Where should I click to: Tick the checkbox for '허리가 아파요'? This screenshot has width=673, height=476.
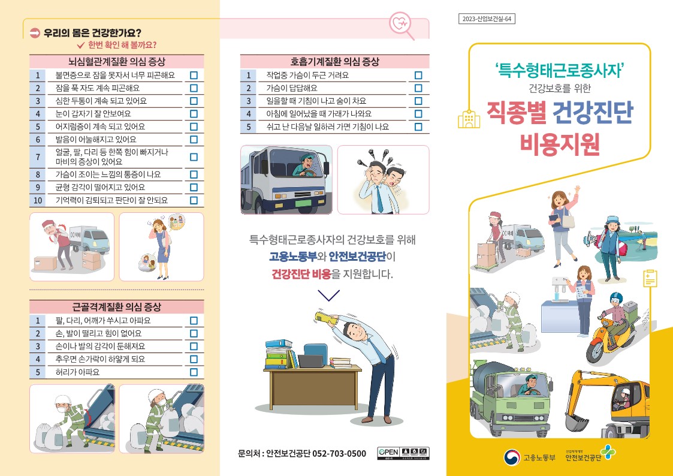coord(194,372)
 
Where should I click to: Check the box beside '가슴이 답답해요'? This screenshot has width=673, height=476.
coord(418,88)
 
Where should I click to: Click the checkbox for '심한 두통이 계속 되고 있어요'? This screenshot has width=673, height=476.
coord(194,101)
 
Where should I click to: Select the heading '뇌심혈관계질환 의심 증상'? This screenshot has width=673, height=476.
coord(117,62)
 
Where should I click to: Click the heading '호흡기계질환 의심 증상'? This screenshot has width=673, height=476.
coord(335,62)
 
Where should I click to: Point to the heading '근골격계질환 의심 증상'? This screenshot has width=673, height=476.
coord(117,307)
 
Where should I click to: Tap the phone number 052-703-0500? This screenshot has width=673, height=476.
coord(339,454)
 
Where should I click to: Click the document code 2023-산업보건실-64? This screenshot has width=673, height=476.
coord(487,19)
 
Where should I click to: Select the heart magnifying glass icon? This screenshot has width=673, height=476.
coord(402,25)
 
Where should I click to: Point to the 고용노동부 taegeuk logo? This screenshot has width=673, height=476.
coord(512,457)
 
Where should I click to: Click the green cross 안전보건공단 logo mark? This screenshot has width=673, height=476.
coord(608,453)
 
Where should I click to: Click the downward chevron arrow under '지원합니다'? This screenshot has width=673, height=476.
coord(329,296)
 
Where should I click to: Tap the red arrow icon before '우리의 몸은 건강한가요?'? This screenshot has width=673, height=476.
coord(35,32)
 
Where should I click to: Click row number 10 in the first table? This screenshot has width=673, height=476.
coord(38,200)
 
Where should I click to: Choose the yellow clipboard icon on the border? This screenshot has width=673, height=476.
coord(650,279)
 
